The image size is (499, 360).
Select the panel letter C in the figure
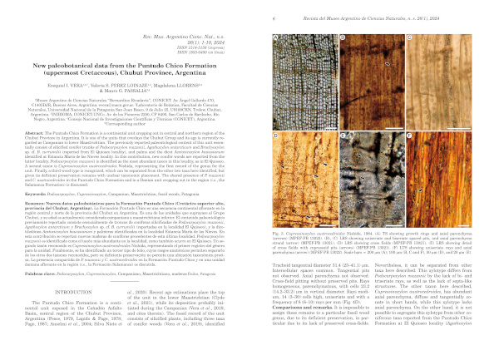pyautogui.click(x=410, y=37)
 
